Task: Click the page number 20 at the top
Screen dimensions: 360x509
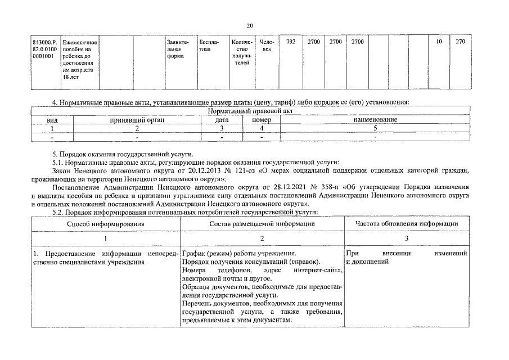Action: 250,25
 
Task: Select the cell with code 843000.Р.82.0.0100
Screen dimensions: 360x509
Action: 44,49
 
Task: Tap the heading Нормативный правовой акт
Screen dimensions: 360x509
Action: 250,112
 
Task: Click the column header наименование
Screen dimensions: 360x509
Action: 375,120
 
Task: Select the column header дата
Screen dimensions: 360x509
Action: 222,120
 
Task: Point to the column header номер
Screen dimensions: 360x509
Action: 261,120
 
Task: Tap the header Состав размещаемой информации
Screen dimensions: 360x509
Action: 262,223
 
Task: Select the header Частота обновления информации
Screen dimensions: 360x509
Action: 407,223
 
